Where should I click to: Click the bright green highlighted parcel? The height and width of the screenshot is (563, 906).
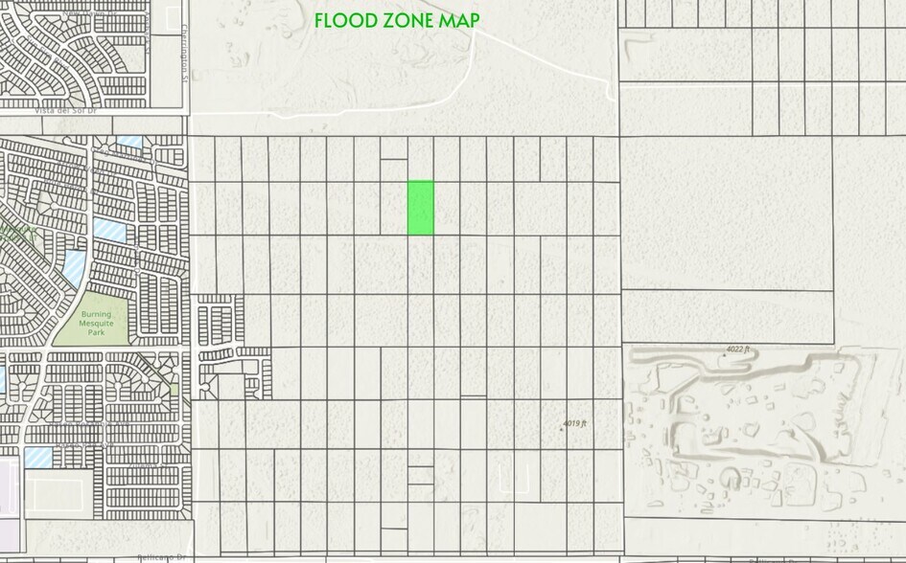tap(421, 207)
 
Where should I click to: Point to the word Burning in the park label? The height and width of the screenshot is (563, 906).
tap(96, 315)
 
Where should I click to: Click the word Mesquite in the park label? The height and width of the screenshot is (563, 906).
tap(96, 326)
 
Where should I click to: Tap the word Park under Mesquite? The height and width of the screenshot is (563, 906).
tap(96, 336)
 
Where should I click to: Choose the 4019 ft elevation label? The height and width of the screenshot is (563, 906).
tap(574, 423)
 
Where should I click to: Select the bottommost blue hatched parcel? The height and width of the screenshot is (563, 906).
tap(38, 457)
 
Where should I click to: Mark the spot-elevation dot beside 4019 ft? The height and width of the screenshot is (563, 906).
tap(561, 428)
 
